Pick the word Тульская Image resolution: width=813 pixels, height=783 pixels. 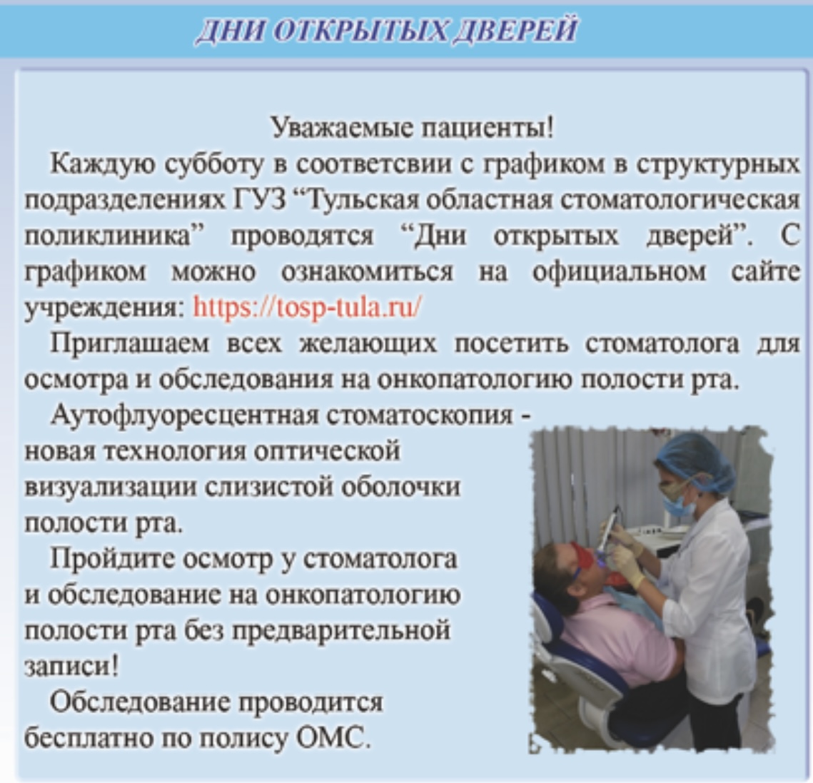[360, 200]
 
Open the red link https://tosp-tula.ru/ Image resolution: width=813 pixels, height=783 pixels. [307, 307]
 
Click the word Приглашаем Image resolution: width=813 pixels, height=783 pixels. [130, 344]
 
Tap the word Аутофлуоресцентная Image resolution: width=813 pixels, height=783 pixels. [184, 415]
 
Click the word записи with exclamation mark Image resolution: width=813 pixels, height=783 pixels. [71, 665]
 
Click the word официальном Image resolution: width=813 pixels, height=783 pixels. [619, 272]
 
